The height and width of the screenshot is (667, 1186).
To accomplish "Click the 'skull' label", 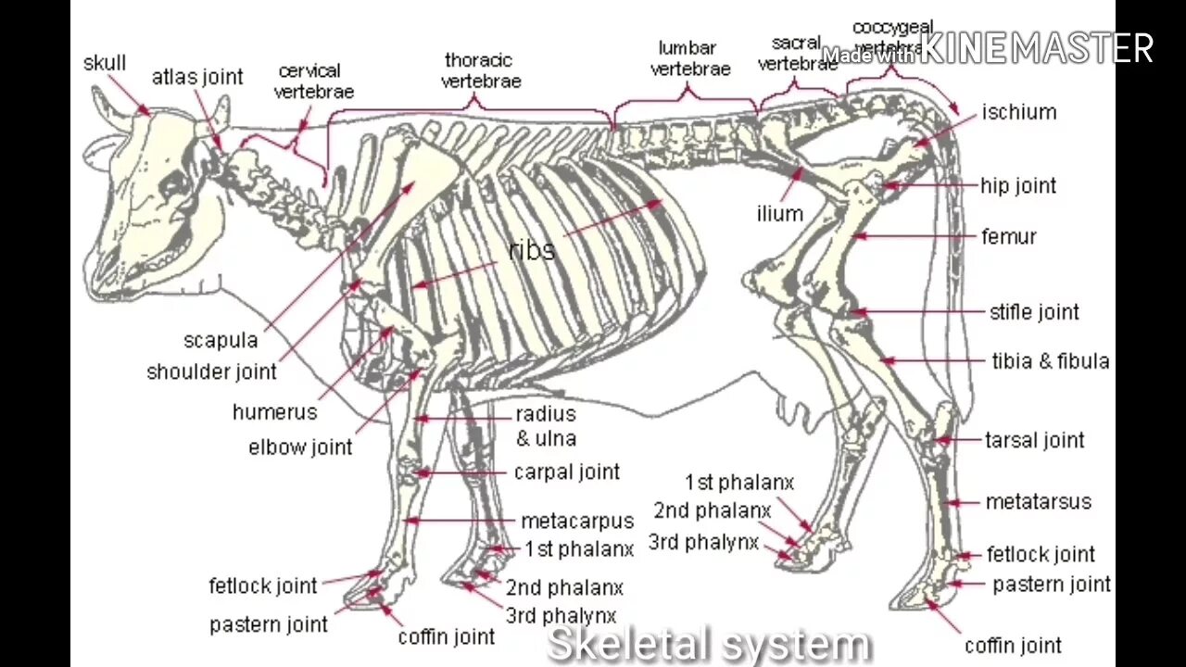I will point(105,63).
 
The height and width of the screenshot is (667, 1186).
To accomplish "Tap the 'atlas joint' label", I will point(197,77).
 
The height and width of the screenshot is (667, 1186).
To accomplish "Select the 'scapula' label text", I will point(221,340).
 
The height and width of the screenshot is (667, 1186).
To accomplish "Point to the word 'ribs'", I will point(532,250).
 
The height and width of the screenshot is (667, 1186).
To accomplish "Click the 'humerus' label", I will point(274,412).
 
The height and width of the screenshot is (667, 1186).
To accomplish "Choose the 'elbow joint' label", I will point(300,447).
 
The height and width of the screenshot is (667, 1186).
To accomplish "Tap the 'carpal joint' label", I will point(566,472).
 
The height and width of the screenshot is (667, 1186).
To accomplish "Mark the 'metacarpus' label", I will point(577,521).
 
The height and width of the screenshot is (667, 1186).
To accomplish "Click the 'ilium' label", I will point(779,214).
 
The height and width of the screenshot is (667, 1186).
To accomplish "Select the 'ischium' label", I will point(1019,112).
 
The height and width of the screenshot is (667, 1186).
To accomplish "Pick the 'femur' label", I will point(1008,236).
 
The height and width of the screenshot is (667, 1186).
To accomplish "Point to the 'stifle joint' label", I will point(1034,312).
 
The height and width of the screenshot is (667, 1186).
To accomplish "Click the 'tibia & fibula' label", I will point(1051,361).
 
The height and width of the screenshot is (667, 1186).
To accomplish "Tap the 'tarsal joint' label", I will point(1034,440).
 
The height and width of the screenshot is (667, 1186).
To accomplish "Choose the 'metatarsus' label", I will point(1038,502).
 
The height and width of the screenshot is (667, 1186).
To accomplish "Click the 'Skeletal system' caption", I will point(709,644).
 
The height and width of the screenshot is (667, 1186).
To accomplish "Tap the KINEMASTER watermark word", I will point(1038,48).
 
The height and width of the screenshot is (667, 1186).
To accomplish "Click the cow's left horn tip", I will point(96,92).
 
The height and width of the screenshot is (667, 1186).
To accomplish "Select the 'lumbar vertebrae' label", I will point(690,57).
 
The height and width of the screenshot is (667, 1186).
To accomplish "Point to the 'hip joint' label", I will point(1018,185).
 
